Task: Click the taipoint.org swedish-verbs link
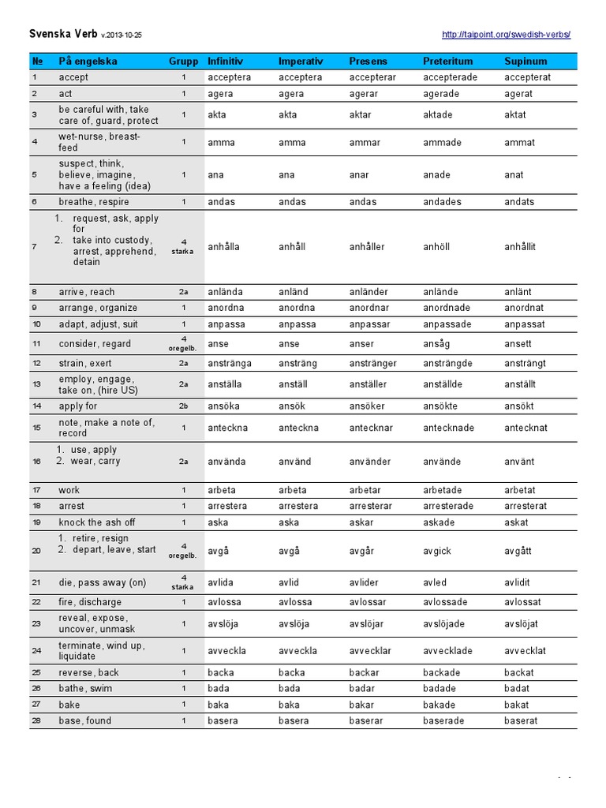(x=506, y=35)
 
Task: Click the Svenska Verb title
(x=62, y=35)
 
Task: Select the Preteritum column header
(x=447, y=61)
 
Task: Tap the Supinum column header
(x=526, y=61)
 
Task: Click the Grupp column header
(x=183, y=61)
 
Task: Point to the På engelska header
(x=88, y=61)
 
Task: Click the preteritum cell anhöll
(x=436, y=247)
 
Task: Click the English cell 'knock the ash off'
(x=96, y=522)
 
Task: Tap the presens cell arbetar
(x=367, y=490)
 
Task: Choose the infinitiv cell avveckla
(x=226, y=651)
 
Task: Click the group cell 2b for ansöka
(x=183, y=406)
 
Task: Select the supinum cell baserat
(x=521, y=720)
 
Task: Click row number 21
(x=36, y=582)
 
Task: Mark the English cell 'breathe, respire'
(x=93, y=202)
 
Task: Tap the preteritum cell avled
(x=435, y=582)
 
